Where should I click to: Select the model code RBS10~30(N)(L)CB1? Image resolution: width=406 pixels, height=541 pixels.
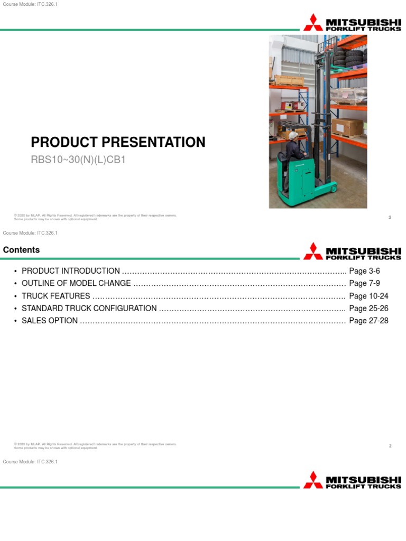point(78,159)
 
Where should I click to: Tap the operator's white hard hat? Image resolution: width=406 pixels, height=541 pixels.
point(292,135)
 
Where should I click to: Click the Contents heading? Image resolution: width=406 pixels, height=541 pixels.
point(21,250)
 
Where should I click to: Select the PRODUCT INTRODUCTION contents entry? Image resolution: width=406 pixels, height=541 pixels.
point(71,271)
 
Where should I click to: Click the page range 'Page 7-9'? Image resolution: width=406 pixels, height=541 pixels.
point(364,283)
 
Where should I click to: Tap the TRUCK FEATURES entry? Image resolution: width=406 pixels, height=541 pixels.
point(56,296)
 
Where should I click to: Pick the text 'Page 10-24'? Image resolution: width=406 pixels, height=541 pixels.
point(368,296)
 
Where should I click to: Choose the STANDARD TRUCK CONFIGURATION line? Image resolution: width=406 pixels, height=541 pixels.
point(89,308)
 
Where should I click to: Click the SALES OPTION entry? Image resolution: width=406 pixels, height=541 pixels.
point(50,321)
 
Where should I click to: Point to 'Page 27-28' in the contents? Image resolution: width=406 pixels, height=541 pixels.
point(368,321)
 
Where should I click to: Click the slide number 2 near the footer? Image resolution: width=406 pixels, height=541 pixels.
point(390,446)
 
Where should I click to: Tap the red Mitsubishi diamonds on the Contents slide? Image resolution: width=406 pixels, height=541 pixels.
point(313,250)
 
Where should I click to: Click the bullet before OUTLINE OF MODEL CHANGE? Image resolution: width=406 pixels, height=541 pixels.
point(16,284)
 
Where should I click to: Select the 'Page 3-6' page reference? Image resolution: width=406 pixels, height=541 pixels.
point(364,271)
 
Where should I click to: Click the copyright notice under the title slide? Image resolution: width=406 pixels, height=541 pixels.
point(95,217)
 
